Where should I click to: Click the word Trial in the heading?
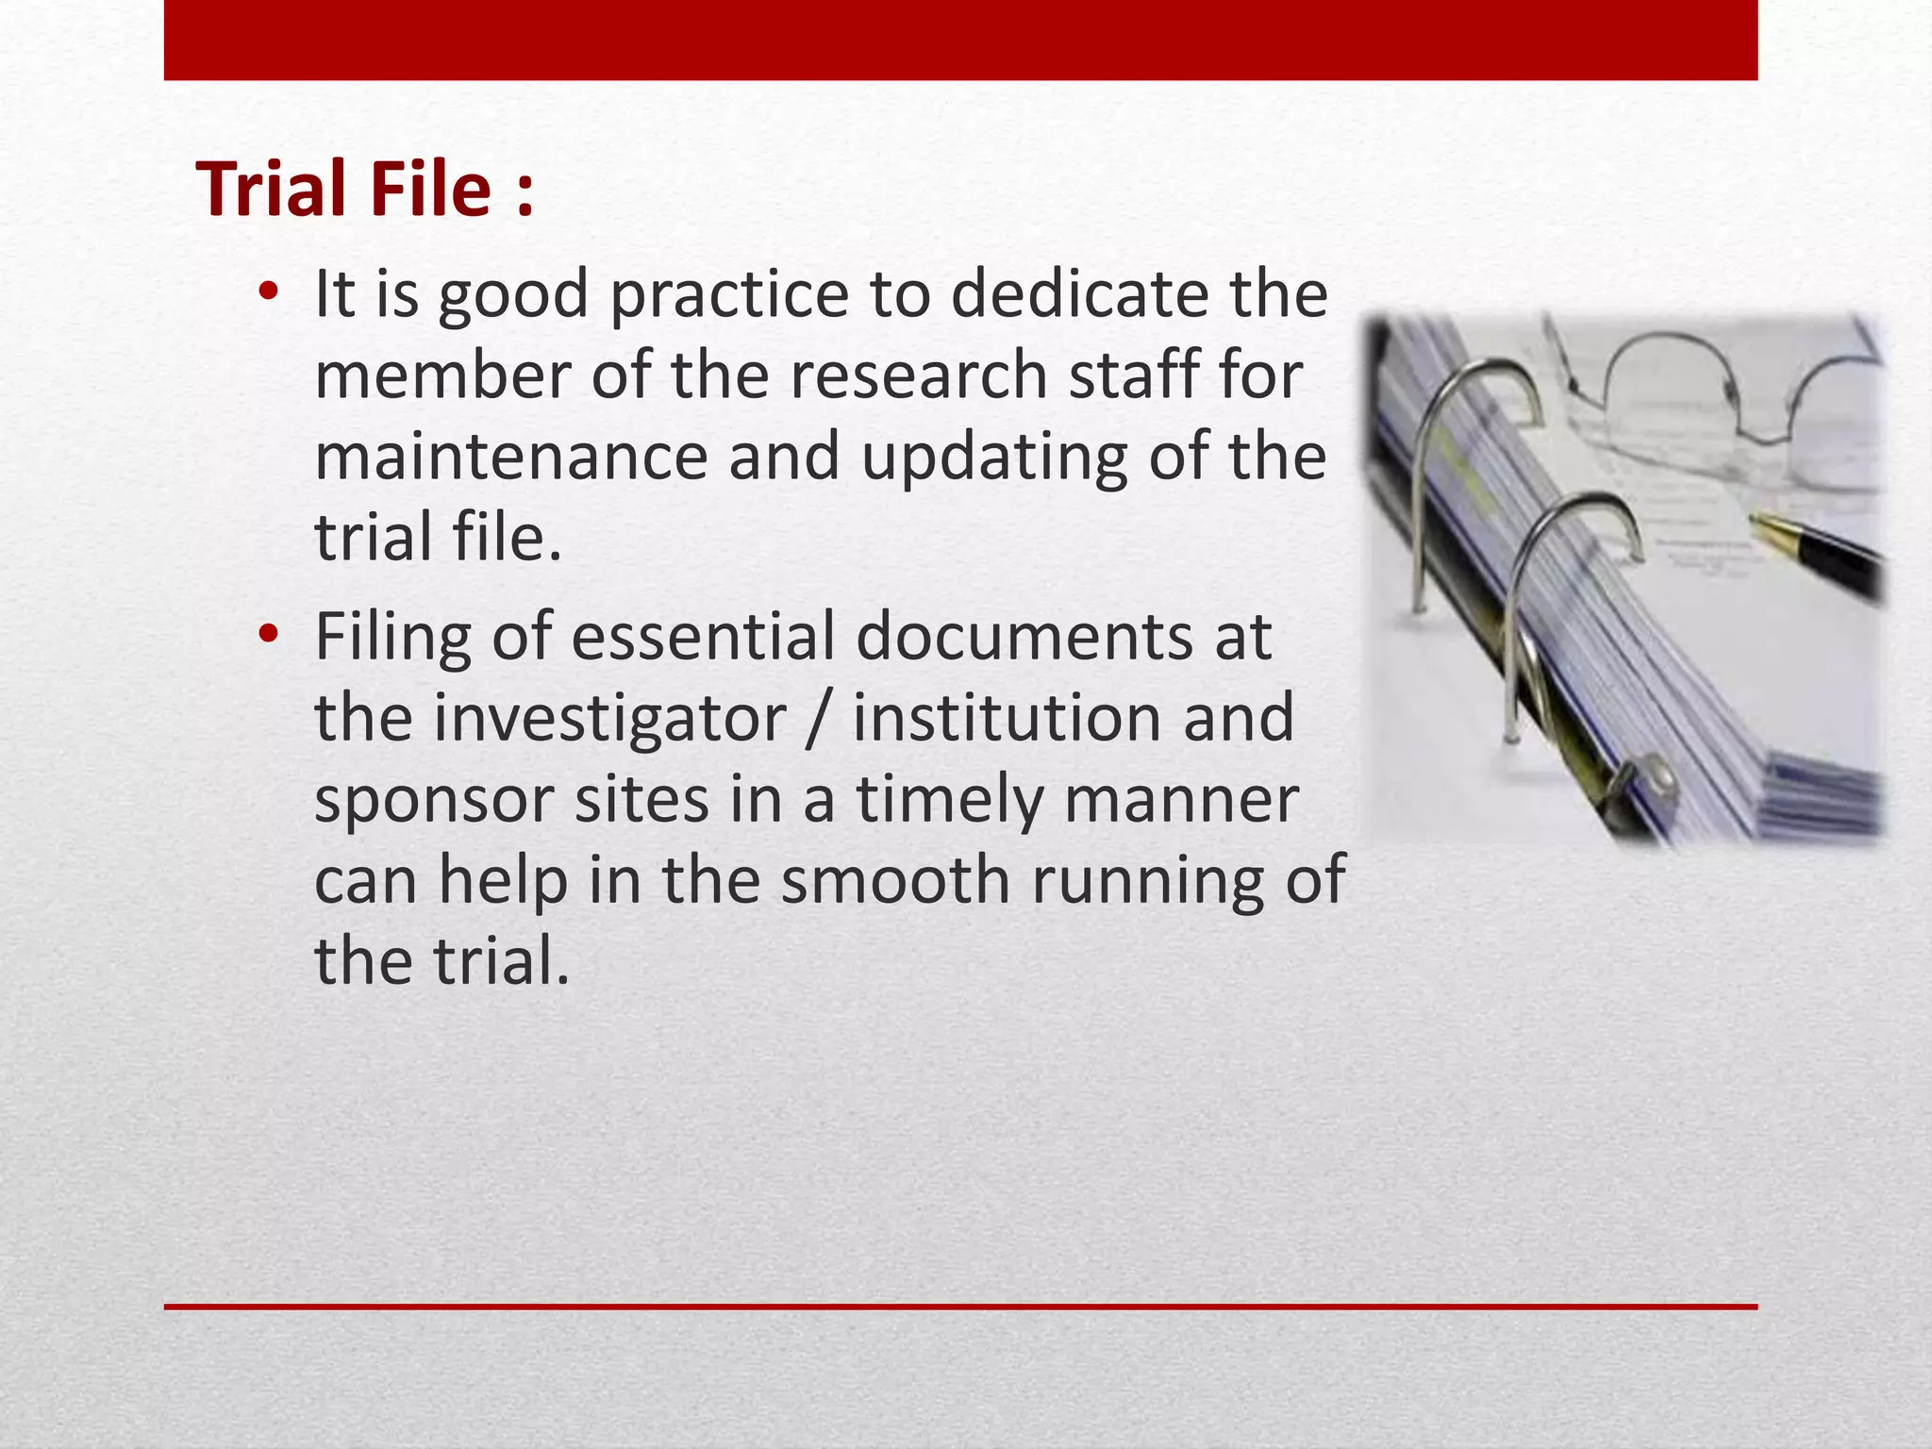point(274,189)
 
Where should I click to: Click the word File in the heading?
point(430,189)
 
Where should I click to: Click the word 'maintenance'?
point(510,457)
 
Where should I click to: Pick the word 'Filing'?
point(392,638)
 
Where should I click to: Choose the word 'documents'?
point(1024,636)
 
